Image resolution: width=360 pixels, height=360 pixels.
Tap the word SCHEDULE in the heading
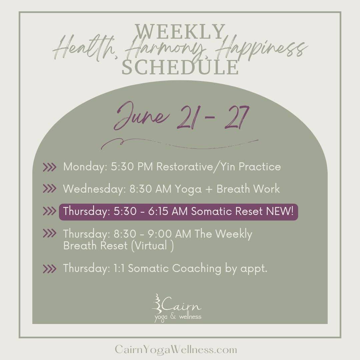click(x=180, y=67)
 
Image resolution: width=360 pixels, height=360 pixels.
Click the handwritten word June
click(x=141, y=116)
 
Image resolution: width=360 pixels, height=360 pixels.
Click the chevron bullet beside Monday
click(x=49, y=167)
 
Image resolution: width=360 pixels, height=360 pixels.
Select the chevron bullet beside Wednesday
click(x=49, y=189)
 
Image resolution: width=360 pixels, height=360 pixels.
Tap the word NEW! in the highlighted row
click(x=280, y=211)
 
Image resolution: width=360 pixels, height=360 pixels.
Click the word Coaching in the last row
click(x=197, y=268)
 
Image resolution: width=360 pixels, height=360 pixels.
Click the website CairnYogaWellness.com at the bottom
click(x=176, y=350)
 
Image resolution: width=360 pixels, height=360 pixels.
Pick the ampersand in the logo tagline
click(x=174, y=317)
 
